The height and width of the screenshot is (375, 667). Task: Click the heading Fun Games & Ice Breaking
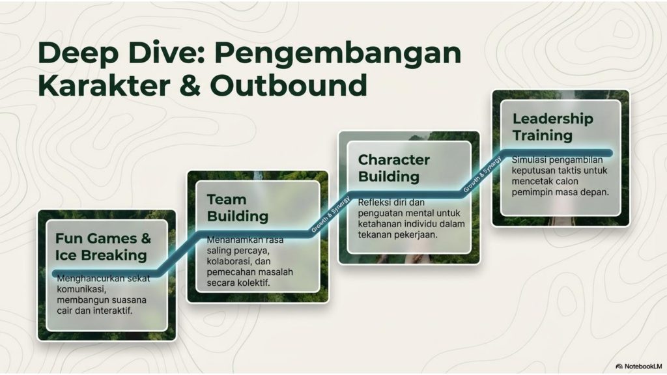click(102, 246)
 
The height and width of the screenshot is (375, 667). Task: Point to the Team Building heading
click(237, 207)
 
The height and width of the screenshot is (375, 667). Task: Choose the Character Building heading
click(393, 168)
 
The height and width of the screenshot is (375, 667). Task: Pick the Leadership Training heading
click(552, 127)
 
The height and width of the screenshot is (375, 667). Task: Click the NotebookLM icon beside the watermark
click(619, 367)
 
